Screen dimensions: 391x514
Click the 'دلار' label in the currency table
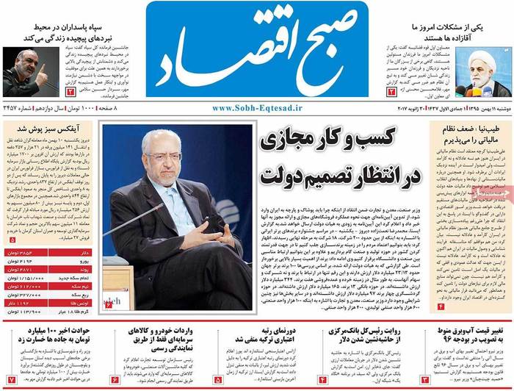[87, 253]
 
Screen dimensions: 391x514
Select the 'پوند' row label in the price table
[87, 270]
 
